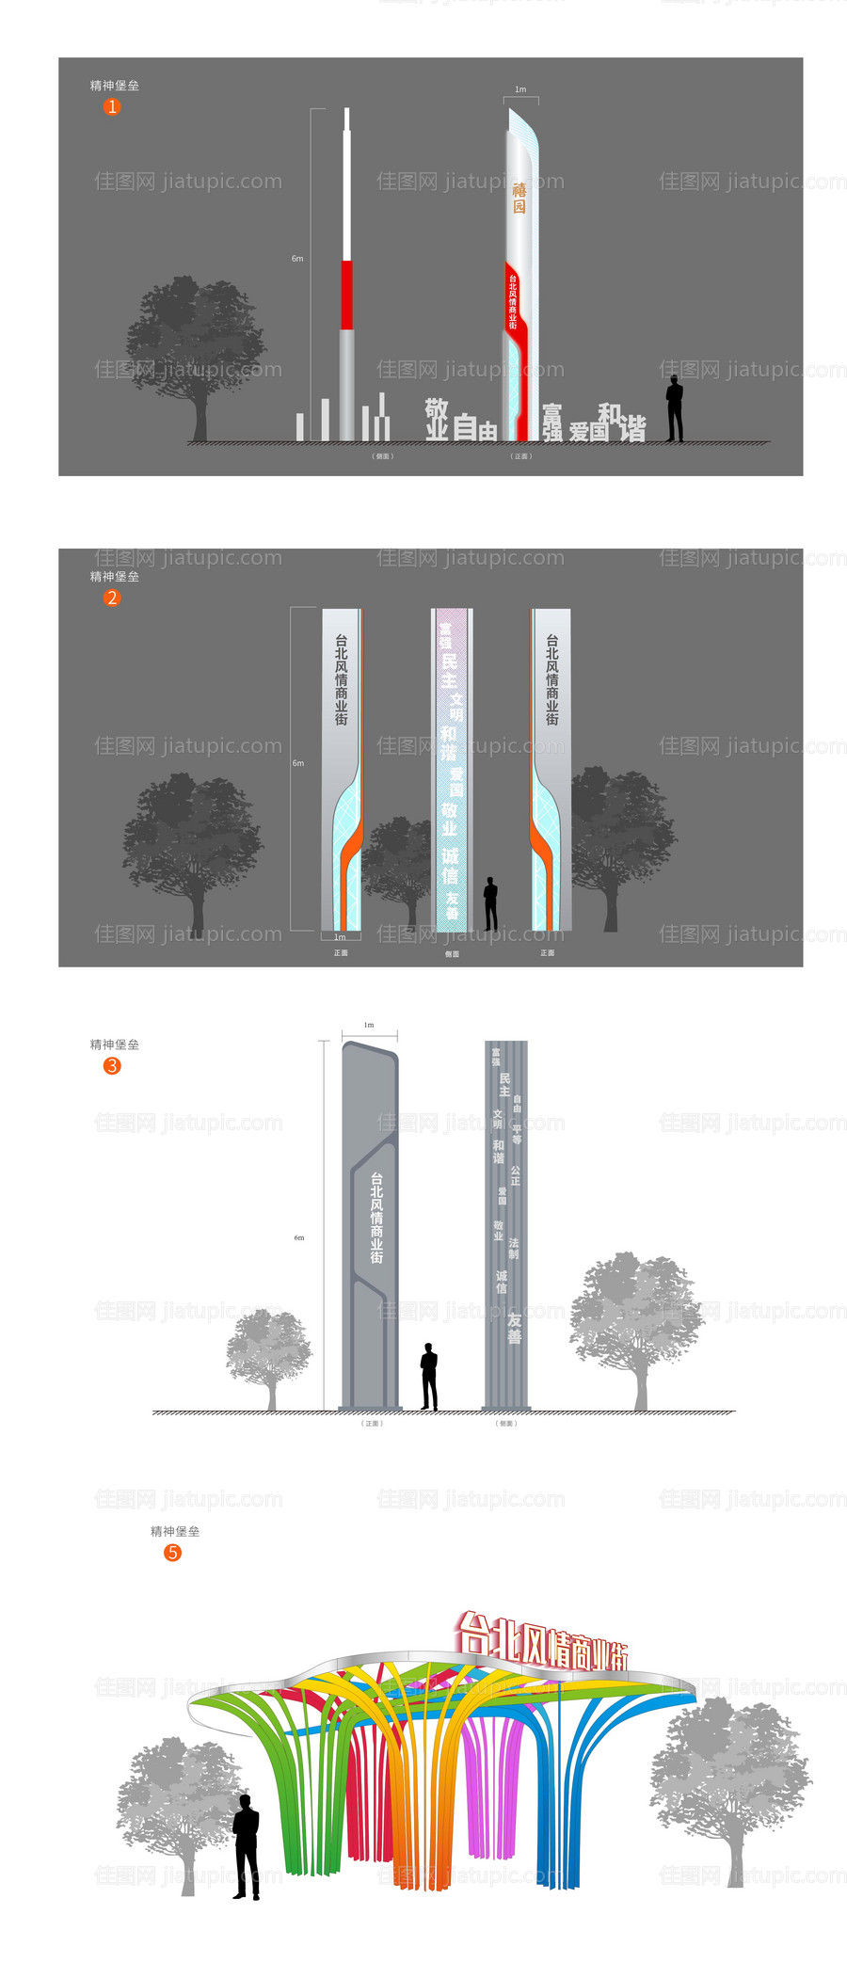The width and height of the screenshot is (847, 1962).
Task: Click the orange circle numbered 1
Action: [112, 107]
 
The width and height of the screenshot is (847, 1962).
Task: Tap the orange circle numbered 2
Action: [112, 598]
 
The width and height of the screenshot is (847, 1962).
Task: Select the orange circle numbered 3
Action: [112, 1065]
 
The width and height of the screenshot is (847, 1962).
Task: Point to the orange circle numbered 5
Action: [172, 1552]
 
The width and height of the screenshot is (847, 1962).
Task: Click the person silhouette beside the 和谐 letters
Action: [675, 408]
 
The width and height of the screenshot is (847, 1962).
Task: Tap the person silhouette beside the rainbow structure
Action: [247, 1846]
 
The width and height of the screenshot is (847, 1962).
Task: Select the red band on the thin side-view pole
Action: [346, 295]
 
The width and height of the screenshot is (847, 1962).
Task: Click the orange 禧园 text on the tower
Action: [519, 198]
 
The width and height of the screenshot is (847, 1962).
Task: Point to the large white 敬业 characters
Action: [437, 419]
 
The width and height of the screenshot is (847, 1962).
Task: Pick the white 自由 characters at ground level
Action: [475, 428]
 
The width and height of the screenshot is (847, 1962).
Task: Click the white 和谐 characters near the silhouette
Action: [622, 423]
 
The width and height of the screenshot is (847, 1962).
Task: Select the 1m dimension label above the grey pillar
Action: [369, 1025]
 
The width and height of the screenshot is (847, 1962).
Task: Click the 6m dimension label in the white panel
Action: [299, 1237]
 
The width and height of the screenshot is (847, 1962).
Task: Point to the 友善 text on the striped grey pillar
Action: [514, 1328]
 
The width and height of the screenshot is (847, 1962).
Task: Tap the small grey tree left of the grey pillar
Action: [269, 1355]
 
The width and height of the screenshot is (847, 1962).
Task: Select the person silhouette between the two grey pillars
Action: [429, 1376]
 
